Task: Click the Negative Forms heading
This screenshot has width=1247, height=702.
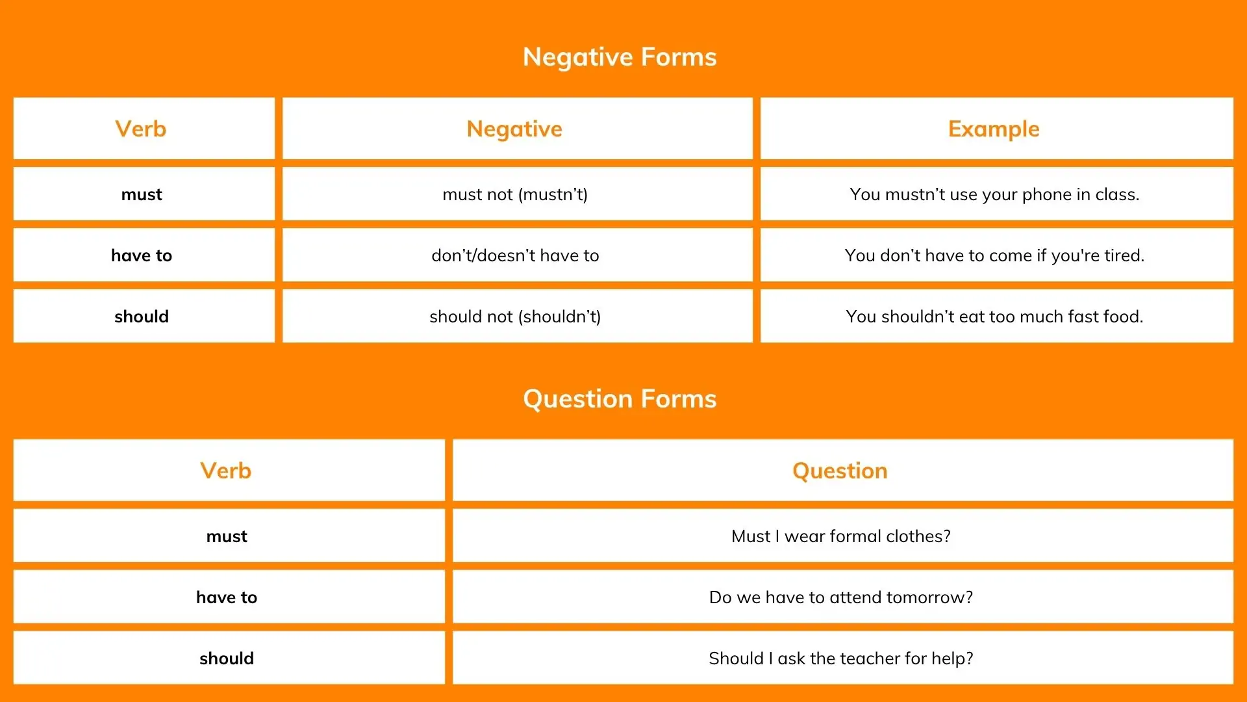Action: coord(620,57)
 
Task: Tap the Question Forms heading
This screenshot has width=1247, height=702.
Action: coord(620,399)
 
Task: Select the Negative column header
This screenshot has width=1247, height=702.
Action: coord(514,129)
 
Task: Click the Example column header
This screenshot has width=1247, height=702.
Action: coord(994,129)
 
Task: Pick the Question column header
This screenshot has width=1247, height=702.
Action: coord(840,471)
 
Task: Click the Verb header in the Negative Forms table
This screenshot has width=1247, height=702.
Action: coord(141,129)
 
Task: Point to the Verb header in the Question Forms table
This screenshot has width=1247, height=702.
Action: coord(226,471)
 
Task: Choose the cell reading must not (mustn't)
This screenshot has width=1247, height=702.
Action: coord(515,194)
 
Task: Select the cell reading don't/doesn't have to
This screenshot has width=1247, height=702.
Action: coord(515,255)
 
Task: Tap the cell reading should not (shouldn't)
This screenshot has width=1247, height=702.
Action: coord(515,317)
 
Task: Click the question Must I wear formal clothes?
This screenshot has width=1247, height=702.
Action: coord(841,536)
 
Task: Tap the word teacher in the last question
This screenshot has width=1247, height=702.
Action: coord(868,658)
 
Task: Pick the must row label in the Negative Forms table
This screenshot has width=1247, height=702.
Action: coord(142,195)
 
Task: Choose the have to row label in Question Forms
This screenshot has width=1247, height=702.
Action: coord(227,597)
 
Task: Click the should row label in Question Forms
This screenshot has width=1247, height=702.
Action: coord(227,658)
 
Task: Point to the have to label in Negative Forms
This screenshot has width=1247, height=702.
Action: coord(142,255)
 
